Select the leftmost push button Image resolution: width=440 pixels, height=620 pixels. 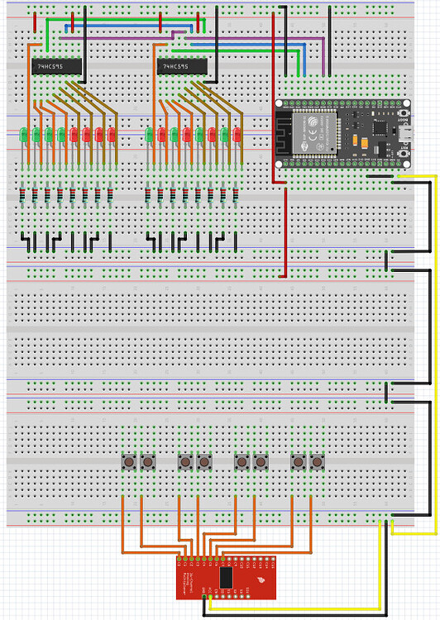click(129, 460)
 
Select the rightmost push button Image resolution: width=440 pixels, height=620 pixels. click(316, 460)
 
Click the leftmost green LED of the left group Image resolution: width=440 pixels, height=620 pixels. click(26, 134)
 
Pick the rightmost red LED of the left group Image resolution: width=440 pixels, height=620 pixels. click(112, 134)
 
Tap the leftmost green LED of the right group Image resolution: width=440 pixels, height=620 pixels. click(151, 134)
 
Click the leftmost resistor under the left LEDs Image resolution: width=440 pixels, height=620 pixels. click(22, 195)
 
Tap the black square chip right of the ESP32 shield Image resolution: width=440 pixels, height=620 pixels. click(381, 130)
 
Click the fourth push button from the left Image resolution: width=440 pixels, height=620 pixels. click(203, 460)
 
